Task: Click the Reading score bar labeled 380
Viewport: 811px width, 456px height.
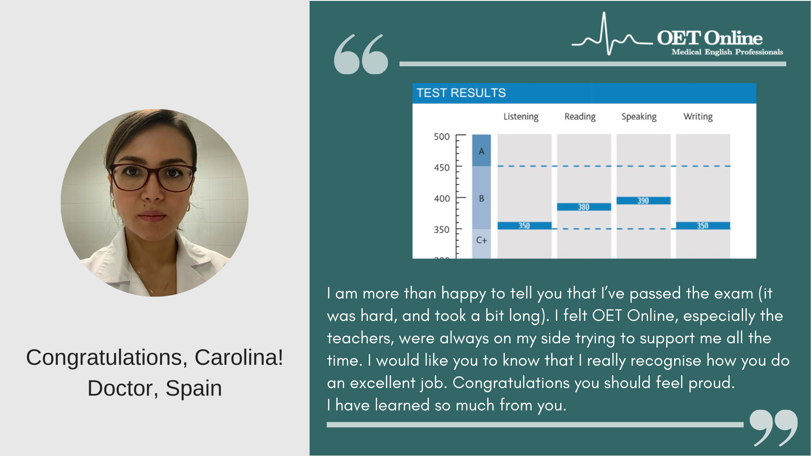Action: click(584, 207)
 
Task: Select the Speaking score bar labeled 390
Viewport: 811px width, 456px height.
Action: click(643, 201)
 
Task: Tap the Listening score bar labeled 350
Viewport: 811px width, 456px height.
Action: click(524, 225)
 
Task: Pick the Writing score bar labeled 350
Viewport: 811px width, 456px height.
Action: click(703, 225)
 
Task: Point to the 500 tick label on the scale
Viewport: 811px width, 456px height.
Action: click(442, 137)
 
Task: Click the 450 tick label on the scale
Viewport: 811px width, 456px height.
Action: click(442, 168)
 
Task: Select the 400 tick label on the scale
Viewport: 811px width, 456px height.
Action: click(442, 198)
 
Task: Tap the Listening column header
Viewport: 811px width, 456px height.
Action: click(521, 117)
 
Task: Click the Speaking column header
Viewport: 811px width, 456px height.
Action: click(639, 117)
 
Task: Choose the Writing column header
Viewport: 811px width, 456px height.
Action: click(698, 117)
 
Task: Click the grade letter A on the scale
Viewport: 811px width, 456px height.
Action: click(482, 151)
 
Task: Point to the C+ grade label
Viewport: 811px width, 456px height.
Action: click(482, 240)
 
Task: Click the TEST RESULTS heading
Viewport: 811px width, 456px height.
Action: click(461, 93)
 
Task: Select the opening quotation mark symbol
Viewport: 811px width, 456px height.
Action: click(361, 54)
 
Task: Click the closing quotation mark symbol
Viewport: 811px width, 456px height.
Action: click(774, 427)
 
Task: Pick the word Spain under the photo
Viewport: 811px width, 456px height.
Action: click(193, 388)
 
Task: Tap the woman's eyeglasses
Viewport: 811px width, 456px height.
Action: click(153, 177)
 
